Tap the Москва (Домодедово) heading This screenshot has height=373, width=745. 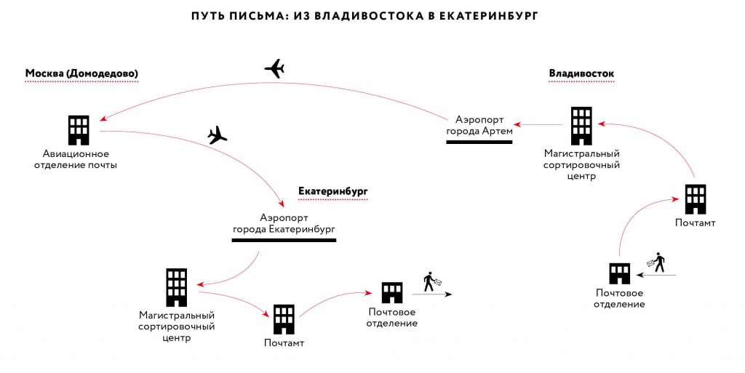pyautogui.click(x=81, y=73)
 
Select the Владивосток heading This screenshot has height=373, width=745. pyautogui.click(x=581, y=73)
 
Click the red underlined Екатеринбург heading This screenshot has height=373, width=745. pyautogui.click(x=333, y=191)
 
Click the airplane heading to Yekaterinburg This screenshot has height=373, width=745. pyautogui.click(x=217, y=135)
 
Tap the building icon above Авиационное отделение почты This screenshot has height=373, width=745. pyautogui.click(x=79, y=130)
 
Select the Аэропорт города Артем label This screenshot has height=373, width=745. pyautogui.click(x=479, y=124)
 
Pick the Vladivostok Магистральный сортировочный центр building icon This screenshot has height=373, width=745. pyautogui.click(x=581, y=126)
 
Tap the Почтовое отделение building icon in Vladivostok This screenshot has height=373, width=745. pyautogui.click(x=619, y=273)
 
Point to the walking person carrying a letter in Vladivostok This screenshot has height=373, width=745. pyautogui.click(x=657, y=262)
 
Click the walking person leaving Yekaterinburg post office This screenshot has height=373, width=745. pyautogui.click(x=430, y=281)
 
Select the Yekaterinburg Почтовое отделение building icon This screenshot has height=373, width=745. pyautogui.click(x=391, y=292)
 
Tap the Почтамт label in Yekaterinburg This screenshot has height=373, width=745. pyautogui.click(x=284, y=342)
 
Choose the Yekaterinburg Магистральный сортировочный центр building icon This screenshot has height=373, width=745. pyautogui.click(x=176, y=286)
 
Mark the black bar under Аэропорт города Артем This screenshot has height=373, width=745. pyautogui.click(x=479, y=141)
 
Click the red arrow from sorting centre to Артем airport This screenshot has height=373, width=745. pyautogui.click(x=538, y=124)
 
